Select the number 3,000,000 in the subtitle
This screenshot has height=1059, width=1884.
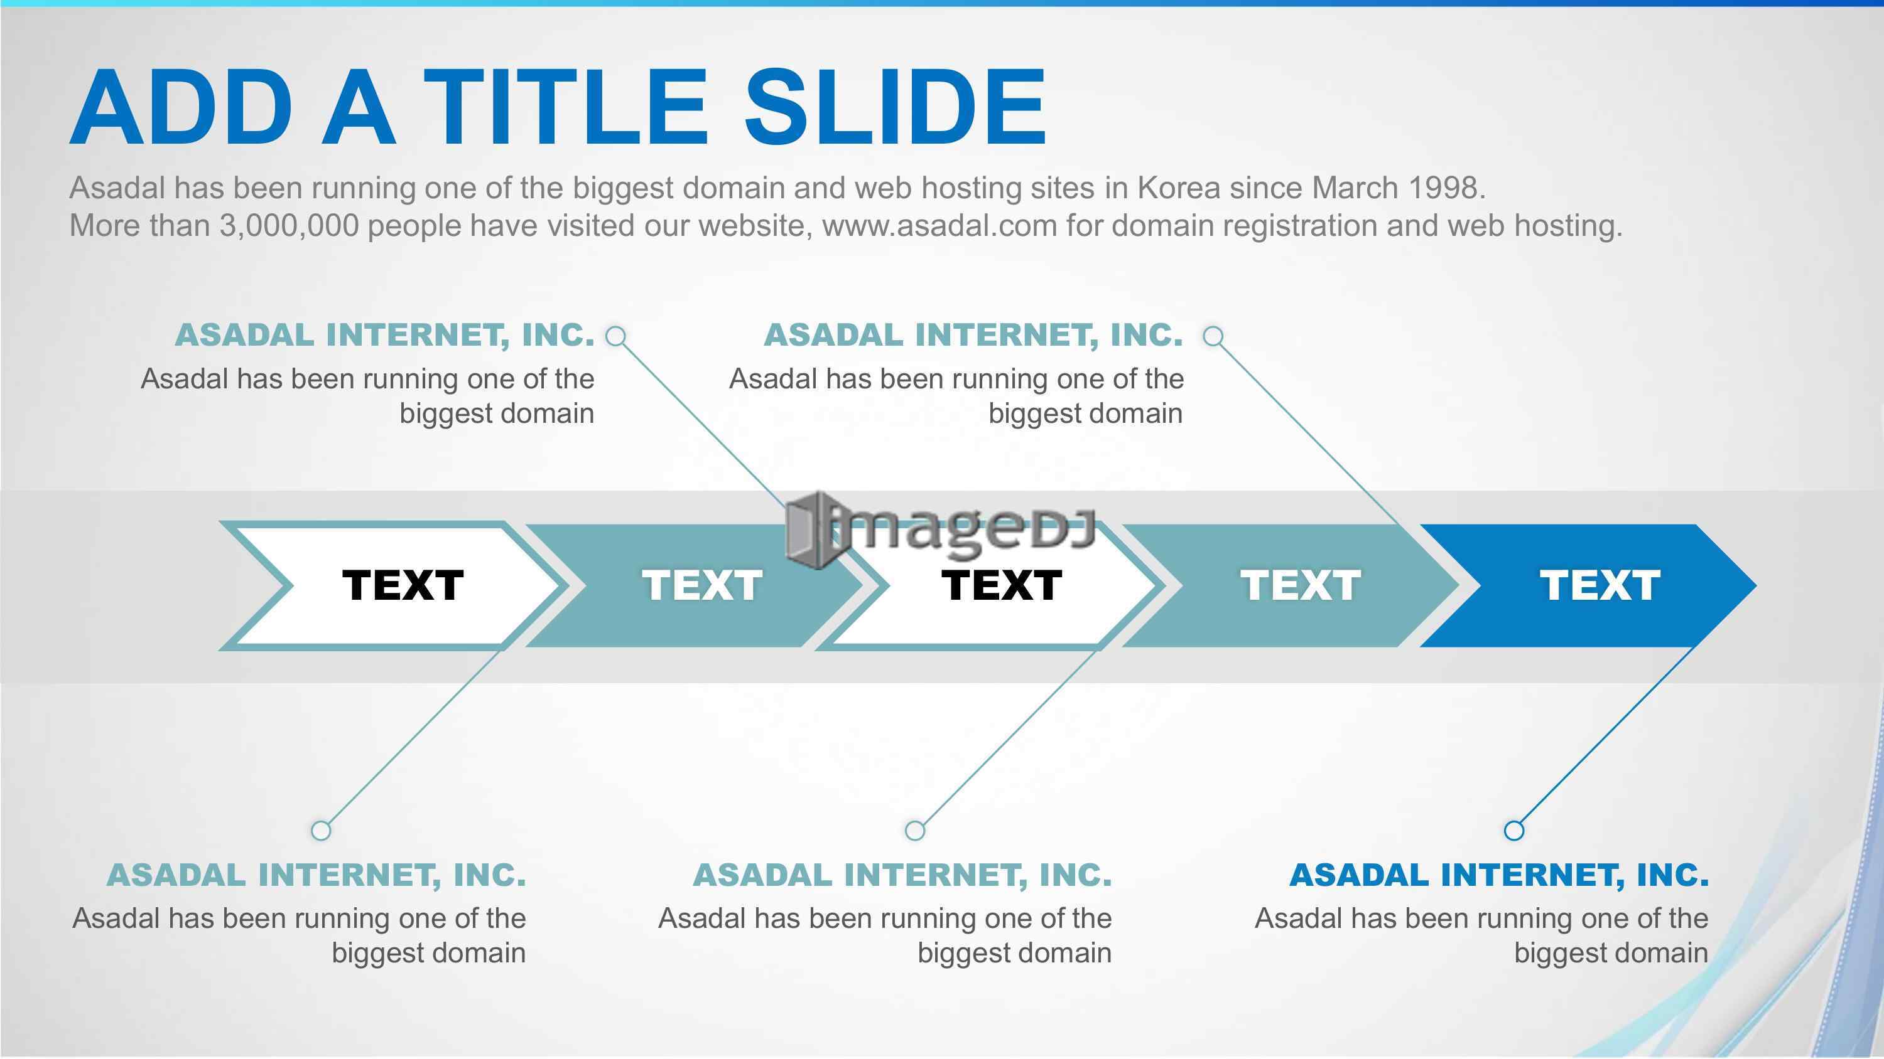click(x=289, y=226)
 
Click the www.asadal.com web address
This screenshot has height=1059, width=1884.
click(x=940, y=226)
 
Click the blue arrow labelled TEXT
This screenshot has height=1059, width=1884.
click(x=1587, y=585)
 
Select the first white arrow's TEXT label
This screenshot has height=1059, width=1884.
click(x=403, y=585)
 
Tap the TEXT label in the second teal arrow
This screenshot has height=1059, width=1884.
click(x=702, y=585)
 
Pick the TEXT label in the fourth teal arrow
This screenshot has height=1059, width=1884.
click(x=1301, y=585)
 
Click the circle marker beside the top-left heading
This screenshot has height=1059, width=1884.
click(x=617, y=336)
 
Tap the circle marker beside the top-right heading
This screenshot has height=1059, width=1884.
click(x=1213, y=336)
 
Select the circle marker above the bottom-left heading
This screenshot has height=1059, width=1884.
click(x=321, y=830)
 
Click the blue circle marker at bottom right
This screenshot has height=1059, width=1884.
click(x=1514, y=830)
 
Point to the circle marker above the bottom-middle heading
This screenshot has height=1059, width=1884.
click(x=915, y=830)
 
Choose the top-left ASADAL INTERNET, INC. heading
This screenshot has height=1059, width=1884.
click(x=385, y=336)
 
